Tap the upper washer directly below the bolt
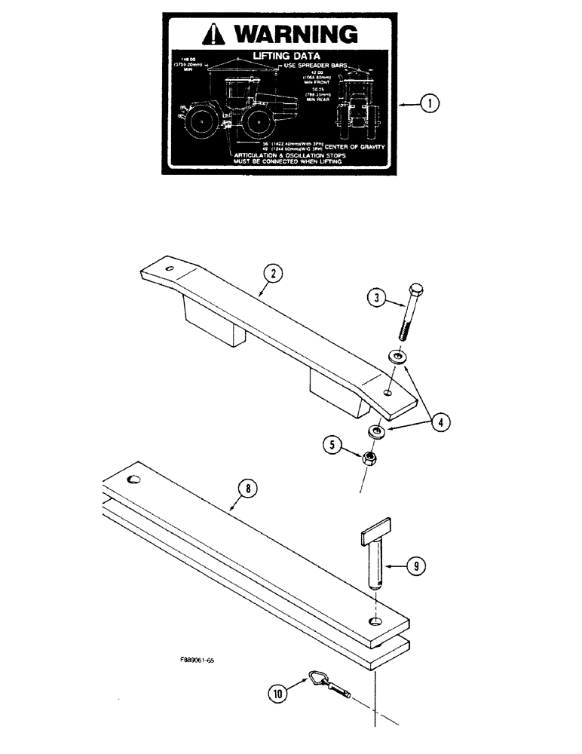point(396,355)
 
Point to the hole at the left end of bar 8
point(135,480)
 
